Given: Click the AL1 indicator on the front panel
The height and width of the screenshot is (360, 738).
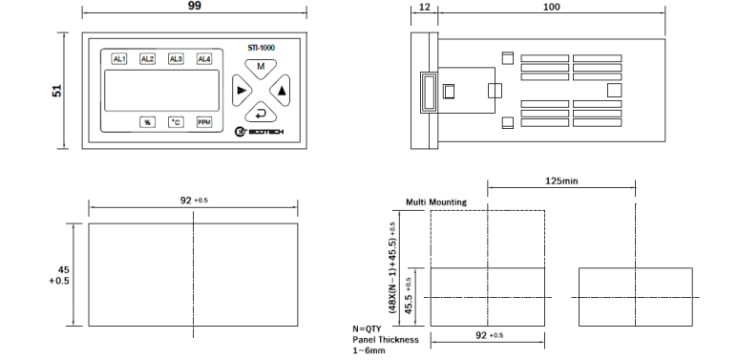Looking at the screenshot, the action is pyautogui.click(x=119, y=59).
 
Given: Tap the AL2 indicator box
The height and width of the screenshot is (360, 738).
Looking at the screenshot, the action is pyautogui.click(x=147, y=59).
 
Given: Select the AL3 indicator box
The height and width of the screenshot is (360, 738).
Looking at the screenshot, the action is pyautogui.click(x=176, y=59).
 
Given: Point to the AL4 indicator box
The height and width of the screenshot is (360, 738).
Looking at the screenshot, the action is pyautogui.click(x=204, y=59).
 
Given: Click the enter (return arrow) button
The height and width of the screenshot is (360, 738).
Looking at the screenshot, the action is pyautogui.click(x=261, y=113).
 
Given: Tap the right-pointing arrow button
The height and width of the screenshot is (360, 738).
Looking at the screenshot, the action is pyautogui.click(x=242, y=91).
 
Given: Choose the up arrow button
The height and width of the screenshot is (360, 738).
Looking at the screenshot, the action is pyautogui.click(x=280, y=91).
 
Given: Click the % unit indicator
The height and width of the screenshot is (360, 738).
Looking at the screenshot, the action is pyautogui.click(x=147, y=122).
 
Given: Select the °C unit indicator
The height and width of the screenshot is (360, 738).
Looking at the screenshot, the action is pyautogui.click(x=176, y=122).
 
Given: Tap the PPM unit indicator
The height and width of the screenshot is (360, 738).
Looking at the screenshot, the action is pyautogui.click(x=204, y=122).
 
